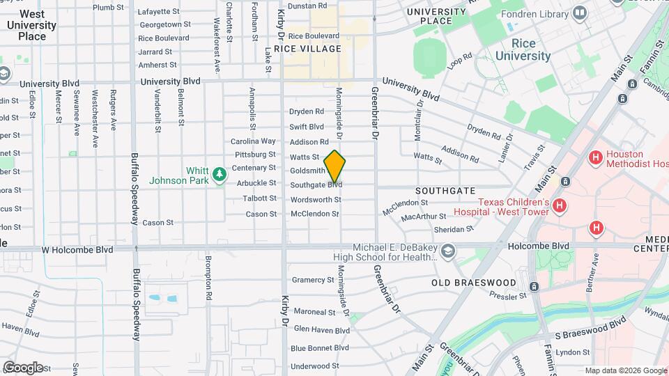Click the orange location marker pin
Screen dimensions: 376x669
click(x=334, y=166)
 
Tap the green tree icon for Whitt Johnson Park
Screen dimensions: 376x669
click(x=220, y=173)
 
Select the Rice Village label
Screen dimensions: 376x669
click(x=307, y=49)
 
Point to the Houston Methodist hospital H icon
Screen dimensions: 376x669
click(x=595, y=157)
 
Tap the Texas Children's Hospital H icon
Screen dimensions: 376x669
click(x=560, y=205)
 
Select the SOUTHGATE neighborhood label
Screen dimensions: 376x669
click(x=445, y=190)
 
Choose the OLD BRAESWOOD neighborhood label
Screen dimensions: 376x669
click(x=474, y=283)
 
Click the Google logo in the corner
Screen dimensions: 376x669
click(x=23, y=367)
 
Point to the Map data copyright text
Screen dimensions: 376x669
click(x=625, y=370)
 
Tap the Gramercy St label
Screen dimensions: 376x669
click(x=313, y=280)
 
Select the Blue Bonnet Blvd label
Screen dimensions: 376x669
click(x=319, y=347)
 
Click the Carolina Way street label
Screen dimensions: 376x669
click(x=253, y=141)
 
